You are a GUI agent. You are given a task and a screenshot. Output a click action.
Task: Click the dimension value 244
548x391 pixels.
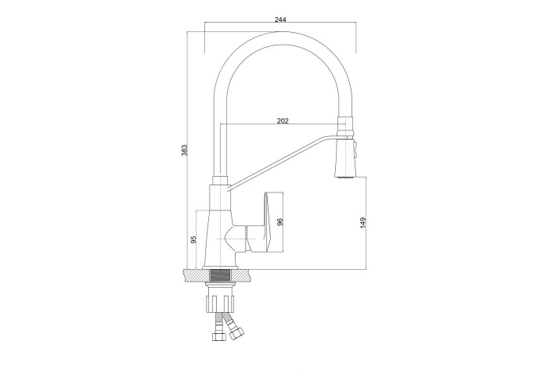(280, 20)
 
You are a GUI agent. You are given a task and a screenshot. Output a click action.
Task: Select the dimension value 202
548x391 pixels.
(283, 120)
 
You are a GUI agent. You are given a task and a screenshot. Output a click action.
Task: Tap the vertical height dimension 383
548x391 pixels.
(185, 150)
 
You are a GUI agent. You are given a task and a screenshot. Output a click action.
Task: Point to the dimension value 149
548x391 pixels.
(362, 223)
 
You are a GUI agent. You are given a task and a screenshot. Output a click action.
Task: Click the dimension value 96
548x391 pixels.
(279, 222)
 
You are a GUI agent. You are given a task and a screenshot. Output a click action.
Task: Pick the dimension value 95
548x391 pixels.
(193, 239)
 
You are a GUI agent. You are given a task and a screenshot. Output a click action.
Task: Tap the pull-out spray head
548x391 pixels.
(345, 157)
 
